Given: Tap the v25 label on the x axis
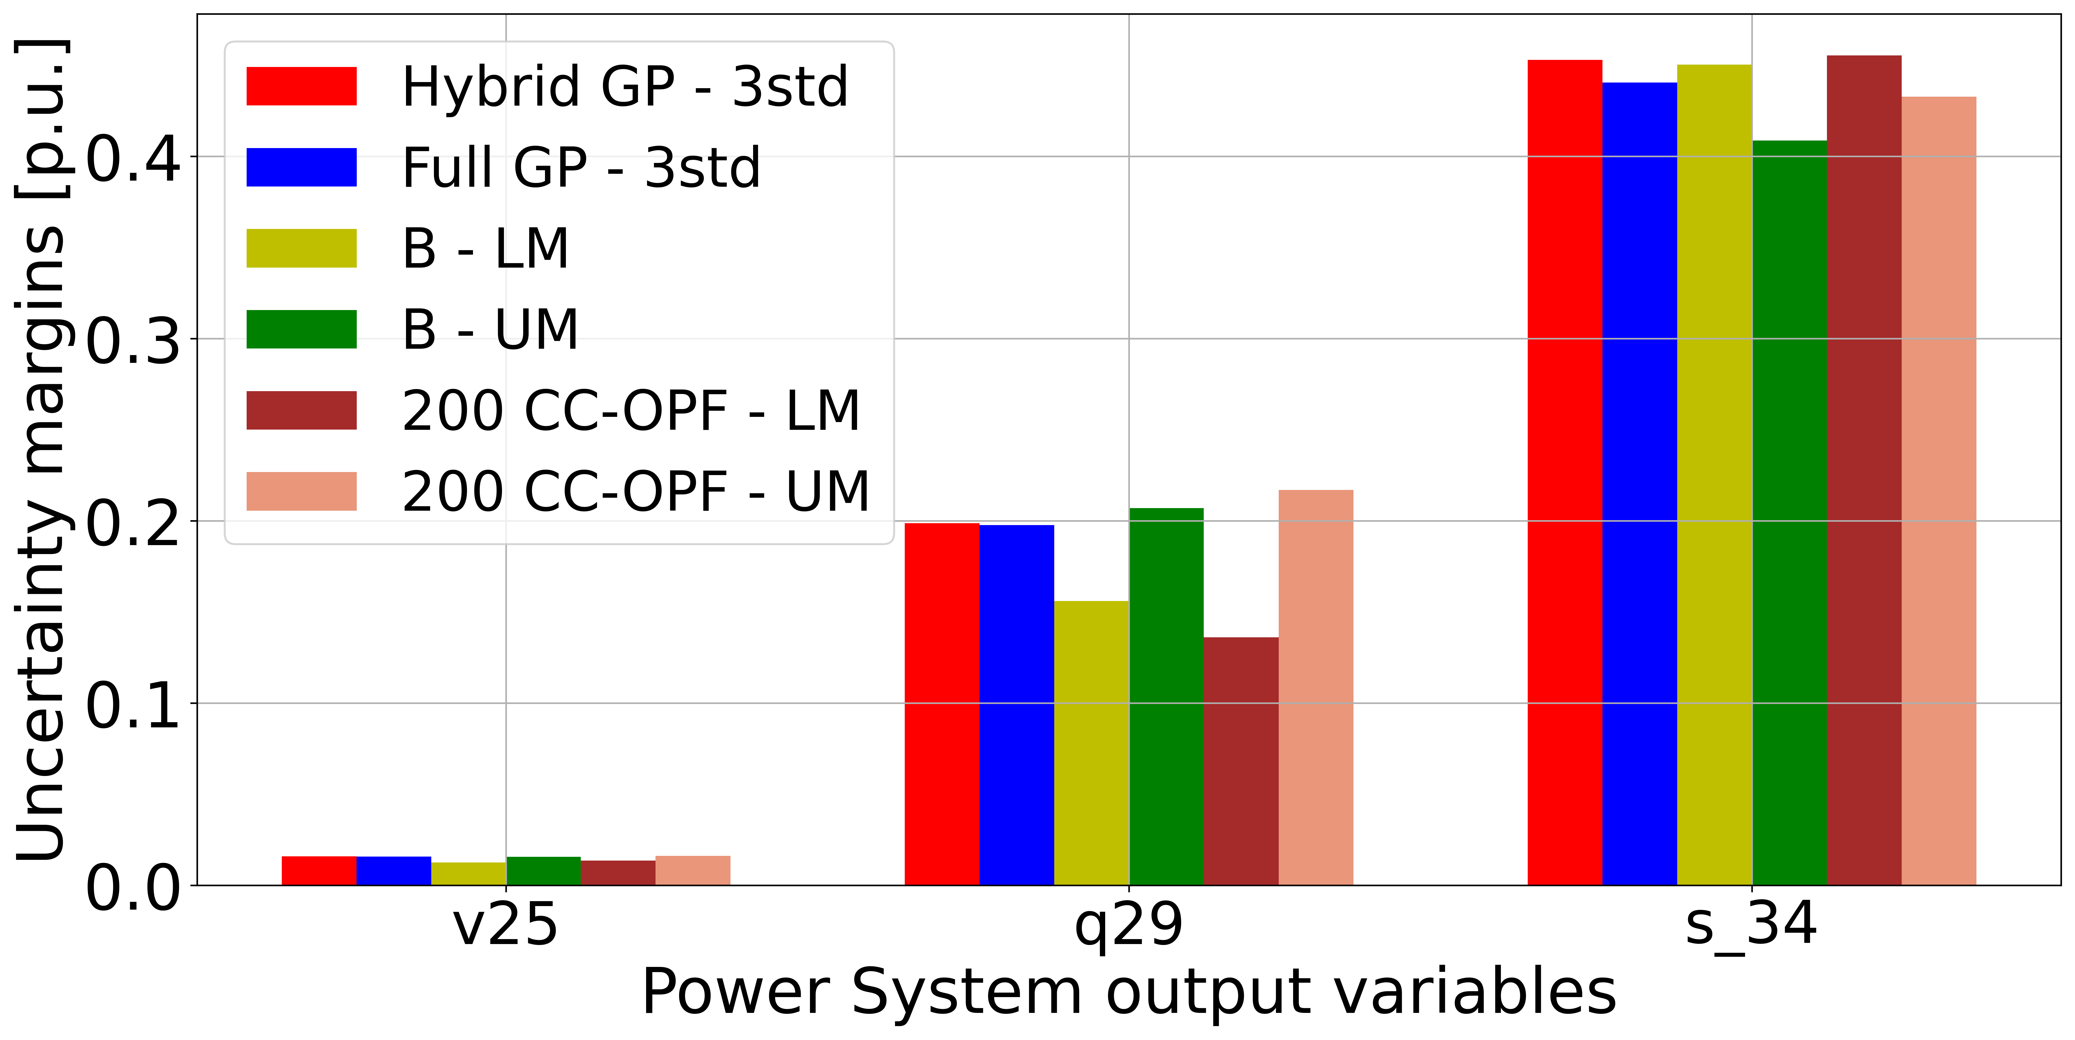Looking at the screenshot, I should click(x=505, y=925).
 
